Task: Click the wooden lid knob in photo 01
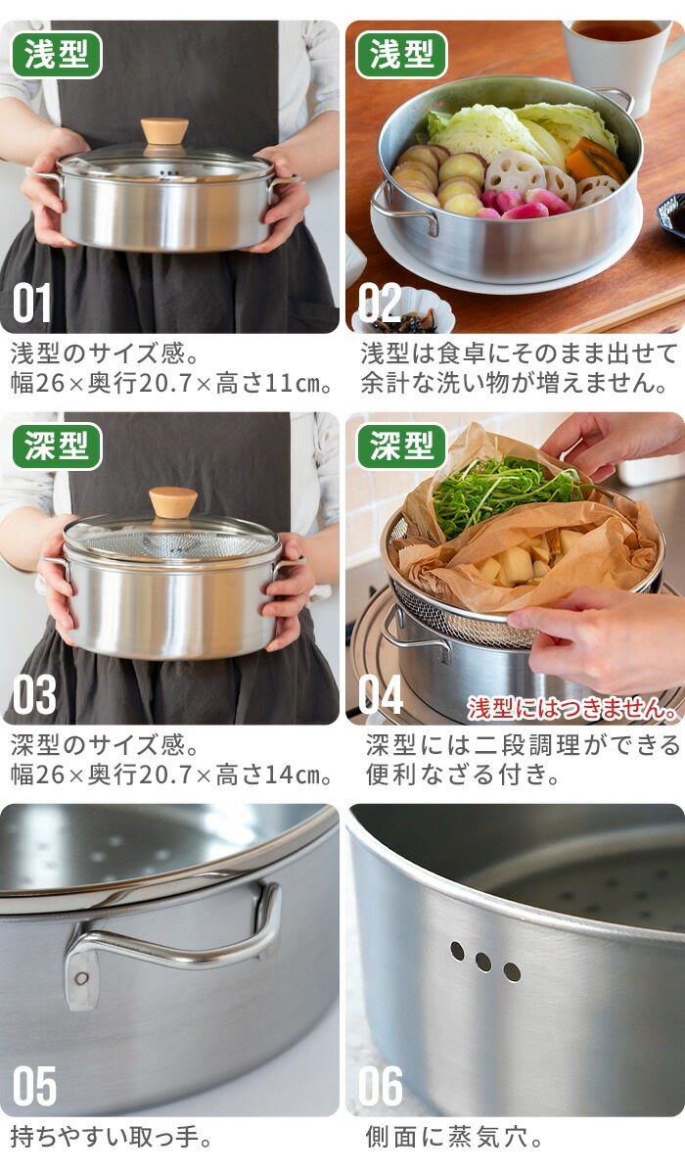click(x=163, y=130)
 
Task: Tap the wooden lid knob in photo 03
click(x=172, y=501)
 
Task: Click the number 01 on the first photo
click(x=32, y=304)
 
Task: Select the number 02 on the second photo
click(x=380, y=304)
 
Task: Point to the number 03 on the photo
click(x=34, y=694)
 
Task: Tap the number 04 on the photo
click(x=381, y=694)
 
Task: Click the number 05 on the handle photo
click(x=34, y=1086)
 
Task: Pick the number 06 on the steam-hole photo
click(x=381, y=1086)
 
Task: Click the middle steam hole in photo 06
click(x=483, y=962)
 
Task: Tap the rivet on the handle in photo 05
click(x=80, y=977)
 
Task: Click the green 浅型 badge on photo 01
click(x=57, y=55)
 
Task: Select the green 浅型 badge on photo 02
click(x=401, y=55)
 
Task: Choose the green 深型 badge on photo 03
click(x=57, y=446)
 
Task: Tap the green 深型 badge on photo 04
click(x=401, y=446)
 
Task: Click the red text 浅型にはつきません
click(x=572, y=708)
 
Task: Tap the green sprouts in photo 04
click(x=499, y=490)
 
